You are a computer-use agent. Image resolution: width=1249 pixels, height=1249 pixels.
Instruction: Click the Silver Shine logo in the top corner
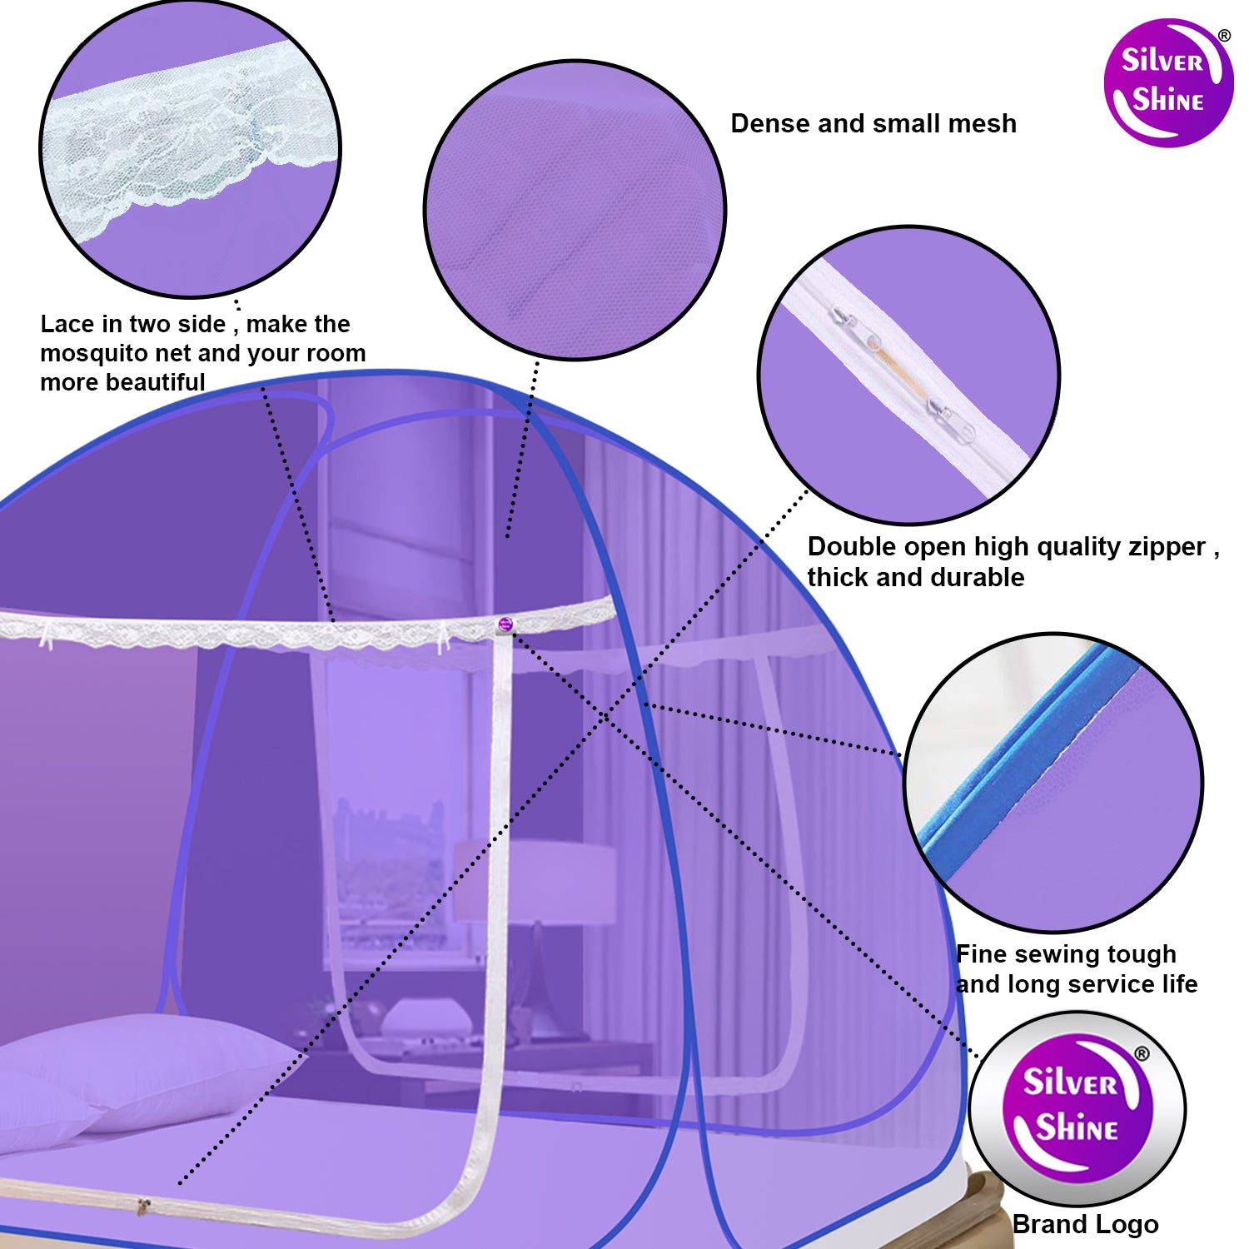[x=1167, y=82]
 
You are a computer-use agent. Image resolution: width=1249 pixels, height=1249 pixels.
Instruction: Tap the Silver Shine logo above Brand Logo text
[x=1077, y=1108]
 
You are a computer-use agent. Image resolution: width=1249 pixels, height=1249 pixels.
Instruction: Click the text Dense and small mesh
[x=873, y=123]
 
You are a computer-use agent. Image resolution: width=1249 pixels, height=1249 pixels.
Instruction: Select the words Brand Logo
[x=1085, y=1224]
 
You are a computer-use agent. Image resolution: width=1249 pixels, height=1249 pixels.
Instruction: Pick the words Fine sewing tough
[x=1066, y=954]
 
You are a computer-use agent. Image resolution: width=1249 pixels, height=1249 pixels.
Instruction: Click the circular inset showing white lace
[x=191, y=148]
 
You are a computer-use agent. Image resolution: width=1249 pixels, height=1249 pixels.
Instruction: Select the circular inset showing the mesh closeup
[x=575, y=210]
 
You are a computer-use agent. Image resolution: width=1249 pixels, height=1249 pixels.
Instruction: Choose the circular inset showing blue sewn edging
[x=1053, y=782]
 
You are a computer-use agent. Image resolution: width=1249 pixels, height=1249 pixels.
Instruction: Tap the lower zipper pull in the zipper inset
[x=951, y=420]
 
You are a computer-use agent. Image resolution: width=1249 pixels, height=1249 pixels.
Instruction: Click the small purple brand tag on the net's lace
[x=505, y=624]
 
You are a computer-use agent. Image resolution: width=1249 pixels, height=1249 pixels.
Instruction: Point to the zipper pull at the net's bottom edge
[x=144, y=1204]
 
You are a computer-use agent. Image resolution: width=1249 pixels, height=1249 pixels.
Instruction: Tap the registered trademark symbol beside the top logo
[x=1224, y=36]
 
